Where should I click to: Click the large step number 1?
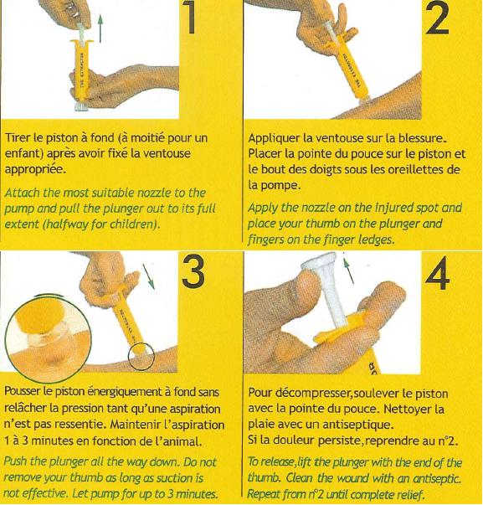pos(191,17)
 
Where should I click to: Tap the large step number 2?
pos(437,18)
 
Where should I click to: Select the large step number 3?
pos(193,272)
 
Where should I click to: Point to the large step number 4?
pos(437,273)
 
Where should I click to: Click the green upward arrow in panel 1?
pos(100,29)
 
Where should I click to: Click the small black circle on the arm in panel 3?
pos(141,356)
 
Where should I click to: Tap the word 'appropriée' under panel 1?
pos(35,169)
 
